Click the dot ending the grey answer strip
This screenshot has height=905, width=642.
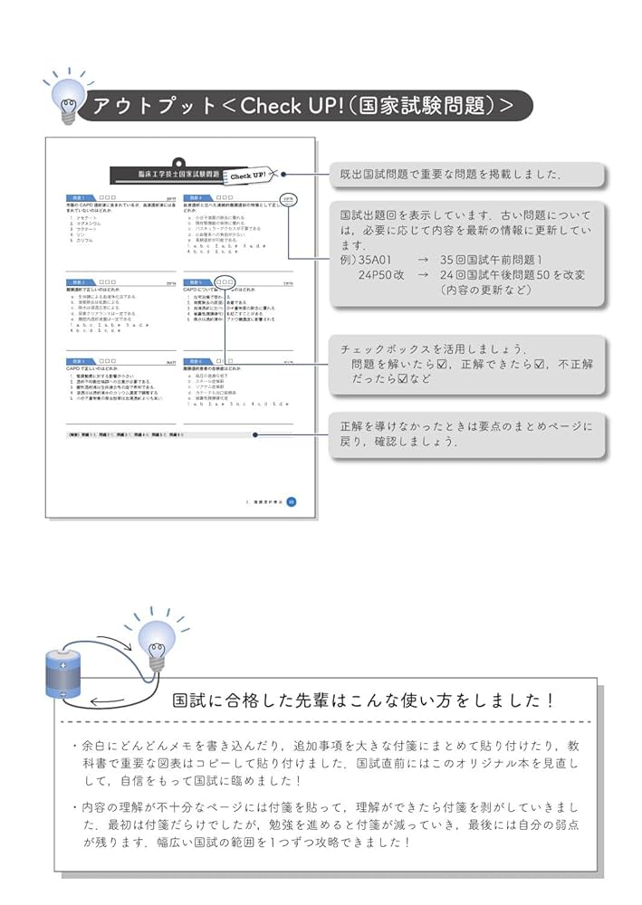click(256, 434)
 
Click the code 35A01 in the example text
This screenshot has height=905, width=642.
click(374, 259)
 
